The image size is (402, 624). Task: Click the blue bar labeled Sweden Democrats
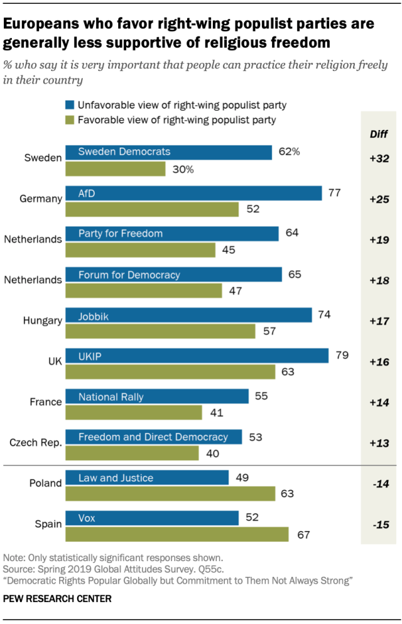coord(168,151)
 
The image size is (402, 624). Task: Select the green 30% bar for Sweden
coord(116,169)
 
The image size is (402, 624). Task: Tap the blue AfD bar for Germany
coord(193,192)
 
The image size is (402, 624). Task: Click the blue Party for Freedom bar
coord(172,234)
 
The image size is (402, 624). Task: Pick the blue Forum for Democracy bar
coord(173,275)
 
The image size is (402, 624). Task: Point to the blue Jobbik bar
coord(188,315)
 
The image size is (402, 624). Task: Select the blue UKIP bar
coord(197,356)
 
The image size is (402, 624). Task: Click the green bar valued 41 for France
coord(134,412)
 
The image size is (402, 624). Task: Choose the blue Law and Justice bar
coord(147,478)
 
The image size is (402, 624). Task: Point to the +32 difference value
coord(379,158)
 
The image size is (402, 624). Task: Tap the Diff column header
coord(379,133)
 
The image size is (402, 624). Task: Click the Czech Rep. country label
coord(35,443)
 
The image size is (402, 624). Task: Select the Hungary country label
coord(43,321)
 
